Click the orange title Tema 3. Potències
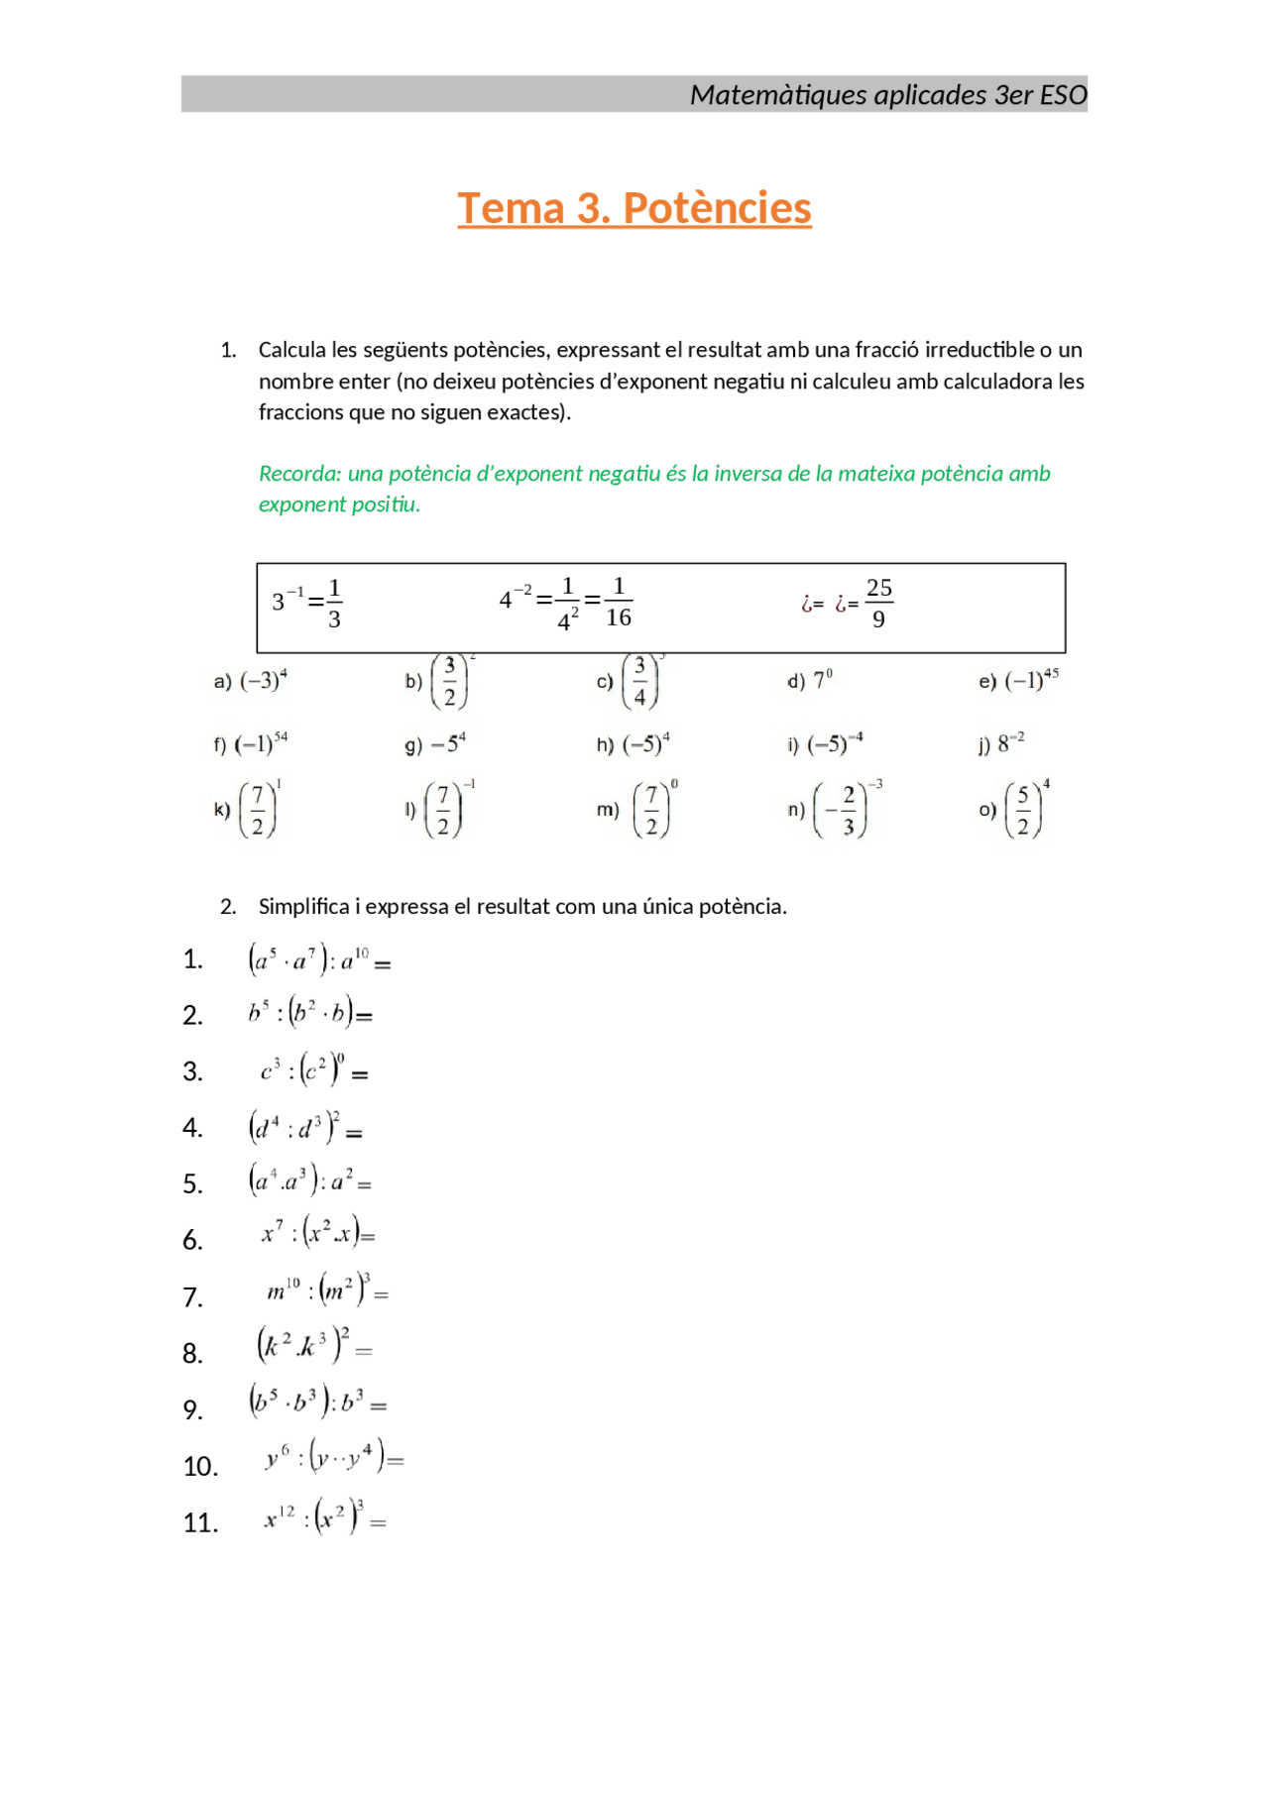pos(634,209)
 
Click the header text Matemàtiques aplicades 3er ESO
pos(887,95)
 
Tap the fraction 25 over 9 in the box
pos(878,603)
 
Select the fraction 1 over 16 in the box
pos(618,602)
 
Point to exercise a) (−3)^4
pos(251,681)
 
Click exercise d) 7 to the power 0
pos(811,681)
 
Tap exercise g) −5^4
pos(435,744)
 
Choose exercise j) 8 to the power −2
pos(1002,743)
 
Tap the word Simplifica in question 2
pos(303,906)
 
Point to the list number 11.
pos(200,1522)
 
